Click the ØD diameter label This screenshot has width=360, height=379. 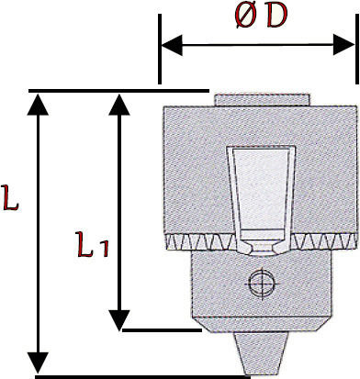coord(262,16)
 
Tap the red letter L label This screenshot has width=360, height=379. coord(11,197)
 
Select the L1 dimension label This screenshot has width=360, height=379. coord(92,244)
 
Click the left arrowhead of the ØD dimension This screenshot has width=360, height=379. coord(172,45)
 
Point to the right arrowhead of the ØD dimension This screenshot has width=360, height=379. coord(343,45)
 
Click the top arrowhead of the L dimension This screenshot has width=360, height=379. coord(38,105)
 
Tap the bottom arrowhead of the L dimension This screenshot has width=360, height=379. coord(38,362)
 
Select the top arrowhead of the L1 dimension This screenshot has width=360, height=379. coord(119,105)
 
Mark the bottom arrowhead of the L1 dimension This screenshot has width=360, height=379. coord(119,320)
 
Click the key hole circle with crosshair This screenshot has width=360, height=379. coord(262,284)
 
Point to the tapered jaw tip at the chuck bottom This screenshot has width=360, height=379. coord(261,353)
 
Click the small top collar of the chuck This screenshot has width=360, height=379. coord(262,100)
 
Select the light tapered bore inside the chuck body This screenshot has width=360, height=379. coord(261,195)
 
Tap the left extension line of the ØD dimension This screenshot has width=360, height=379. coord(160,49)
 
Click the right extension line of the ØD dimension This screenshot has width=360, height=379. coord(356,49)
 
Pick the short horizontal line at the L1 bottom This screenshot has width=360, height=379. coord(162,330)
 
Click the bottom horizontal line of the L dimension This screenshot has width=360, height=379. coord(142,377)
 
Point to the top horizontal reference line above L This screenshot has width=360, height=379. coord(118,91)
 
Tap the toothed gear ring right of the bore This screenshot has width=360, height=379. coord(322,241)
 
